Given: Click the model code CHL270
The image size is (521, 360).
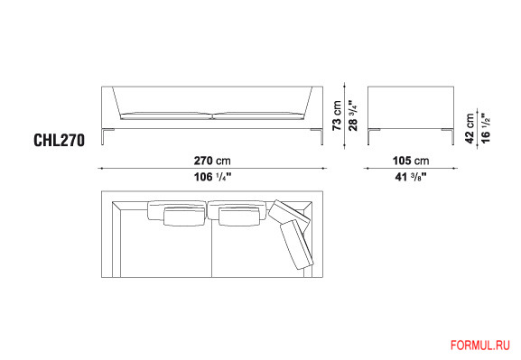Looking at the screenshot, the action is (60, 140).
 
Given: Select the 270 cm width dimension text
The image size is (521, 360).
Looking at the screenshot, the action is (212, 161).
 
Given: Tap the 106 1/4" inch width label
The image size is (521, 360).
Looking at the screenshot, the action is (212, 177).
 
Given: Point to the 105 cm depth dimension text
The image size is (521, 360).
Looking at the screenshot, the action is (411, 161).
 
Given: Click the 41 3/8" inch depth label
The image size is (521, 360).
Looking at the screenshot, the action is (411, 177).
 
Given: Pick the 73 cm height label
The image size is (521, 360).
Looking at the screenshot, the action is (337, 115).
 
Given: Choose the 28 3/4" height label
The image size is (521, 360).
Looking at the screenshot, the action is (353, 115).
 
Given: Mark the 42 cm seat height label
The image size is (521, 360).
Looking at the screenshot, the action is (470, 128).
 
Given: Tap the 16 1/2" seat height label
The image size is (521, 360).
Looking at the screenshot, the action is (486, 128).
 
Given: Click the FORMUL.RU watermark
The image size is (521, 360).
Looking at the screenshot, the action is (480, 345).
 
